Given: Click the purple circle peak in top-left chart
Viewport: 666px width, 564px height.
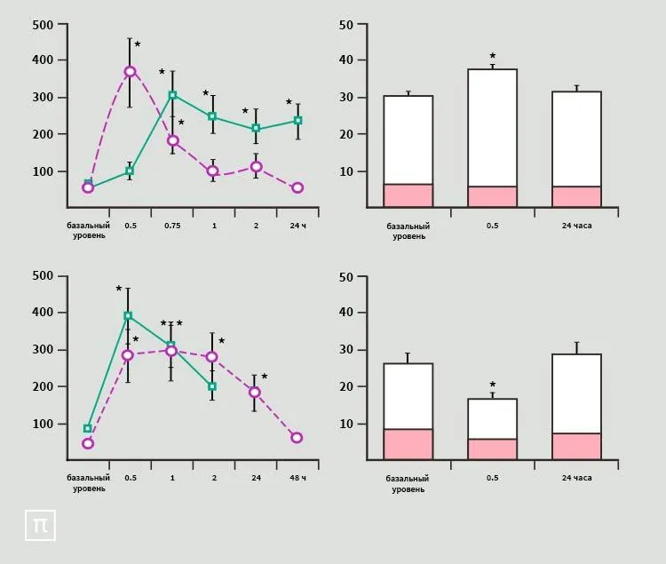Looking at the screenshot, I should pyautogui.click(x=130, y=71).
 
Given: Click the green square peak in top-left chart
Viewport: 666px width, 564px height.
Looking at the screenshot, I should pyautogui.click(x=172, y=95).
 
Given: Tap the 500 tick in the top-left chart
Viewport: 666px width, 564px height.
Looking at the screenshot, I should pyautogui.click(x=43, y=24).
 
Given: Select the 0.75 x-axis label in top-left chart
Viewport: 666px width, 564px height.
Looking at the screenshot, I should pyautogui.click(x=172, y=226).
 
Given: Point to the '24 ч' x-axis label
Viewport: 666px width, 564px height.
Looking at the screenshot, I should pyautogui.click(x=297, y=226).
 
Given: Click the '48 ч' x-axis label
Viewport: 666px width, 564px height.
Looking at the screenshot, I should pyautogui.click(x=297, y=478).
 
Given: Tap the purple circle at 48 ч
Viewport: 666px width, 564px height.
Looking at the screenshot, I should pyautogui.click(x=297, y=438).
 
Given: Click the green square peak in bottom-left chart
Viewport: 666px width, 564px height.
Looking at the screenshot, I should pyautogui.click(x=128, y=315).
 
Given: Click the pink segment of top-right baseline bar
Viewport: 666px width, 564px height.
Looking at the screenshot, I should pyautogui.click(x=408, y=195).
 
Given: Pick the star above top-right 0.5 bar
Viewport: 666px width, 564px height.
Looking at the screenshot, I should pyautogui.click(x=492, y=56).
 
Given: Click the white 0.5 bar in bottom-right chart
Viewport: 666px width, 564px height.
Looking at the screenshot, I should pyautogui.click(x=492, y=418).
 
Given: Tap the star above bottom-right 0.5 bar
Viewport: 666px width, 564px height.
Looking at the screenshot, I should pyautogui.click(x=492, y=385).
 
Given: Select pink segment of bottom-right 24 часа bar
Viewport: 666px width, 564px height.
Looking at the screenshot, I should pyautogui.click(x=576, y=446).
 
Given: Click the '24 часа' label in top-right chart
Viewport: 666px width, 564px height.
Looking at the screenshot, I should pyautogui.click(x=576, y=226).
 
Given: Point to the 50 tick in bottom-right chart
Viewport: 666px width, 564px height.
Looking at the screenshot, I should pyautogui.click(x=347, y=276).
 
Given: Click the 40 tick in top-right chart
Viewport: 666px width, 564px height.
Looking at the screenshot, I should pyautogui.click(x=347, y=60).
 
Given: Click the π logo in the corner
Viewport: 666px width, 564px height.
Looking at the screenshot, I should pyautogui.click(x=40, y=525).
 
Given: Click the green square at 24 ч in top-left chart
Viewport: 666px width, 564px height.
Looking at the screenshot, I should pyautogui.click(x=297, y=120).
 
